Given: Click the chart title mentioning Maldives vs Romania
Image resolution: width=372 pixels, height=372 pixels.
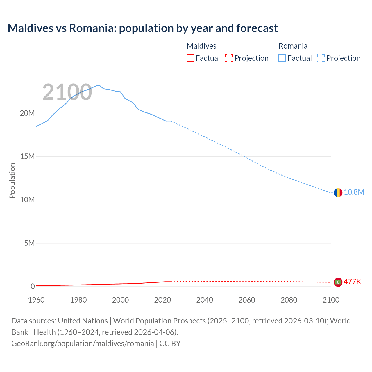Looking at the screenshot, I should tap(143, 28).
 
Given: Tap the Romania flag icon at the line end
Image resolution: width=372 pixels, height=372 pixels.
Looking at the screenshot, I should tap(338, 192).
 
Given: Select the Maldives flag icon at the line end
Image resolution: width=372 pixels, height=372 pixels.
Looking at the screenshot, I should tap(338, 282).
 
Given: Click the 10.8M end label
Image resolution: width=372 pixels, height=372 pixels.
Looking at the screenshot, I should tap(354, 192).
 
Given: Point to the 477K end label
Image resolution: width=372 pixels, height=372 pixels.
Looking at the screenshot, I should tap(352, 282).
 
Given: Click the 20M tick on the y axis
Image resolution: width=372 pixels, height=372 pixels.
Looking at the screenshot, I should tap(27, 113).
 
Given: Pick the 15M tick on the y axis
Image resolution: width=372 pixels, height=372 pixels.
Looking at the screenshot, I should tap(27, 157).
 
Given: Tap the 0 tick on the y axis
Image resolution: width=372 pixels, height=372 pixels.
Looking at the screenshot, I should tap(33, 287).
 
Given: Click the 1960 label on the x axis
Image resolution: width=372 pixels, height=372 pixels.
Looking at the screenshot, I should tap(36, 300).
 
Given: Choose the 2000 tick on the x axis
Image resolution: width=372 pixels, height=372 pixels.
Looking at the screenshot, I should tap(120, 300).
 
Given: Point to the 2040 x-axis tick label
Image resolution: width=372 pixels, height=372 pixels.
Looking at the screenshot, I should tap(205, 300).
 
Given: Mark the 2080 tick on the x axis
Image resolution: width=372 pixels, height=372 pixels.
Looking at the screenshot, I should tap(289, 300).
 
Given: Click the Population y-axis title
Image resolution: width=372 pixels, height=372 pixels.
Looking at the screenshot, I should tap(12, 180).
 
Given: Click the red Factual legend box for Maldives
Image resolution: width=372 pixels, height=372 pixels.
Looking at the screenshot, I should tap(190, 58).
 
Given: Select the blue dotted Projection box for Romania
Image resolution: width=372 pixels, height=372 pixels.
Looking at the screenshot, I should tap(321, 58).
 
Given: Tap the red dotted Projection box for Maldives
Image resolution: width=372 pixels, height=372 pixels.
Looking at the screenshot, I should tap(229, 58).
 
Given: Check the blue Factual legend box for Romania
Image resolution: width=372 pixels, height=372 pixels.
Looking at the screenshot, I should tap(282, 58).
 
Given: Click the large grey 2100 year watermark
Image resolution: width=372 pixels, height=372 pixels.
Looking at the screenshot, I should tap(67, 92).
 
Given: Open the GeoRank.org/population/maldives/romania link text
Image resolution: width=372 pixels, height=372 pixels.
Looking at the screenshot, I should tap(83, 344).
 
